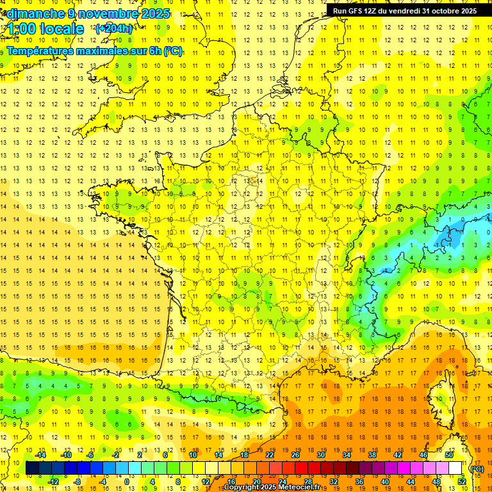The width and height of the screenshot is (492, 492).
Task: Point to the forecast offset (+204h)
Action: (x=114, y=29)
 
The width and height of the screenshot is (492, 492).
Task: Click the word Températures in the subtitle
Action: (x=45, y=51)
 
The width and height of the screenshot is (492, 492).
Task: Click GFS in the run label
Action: (x=356, y=11)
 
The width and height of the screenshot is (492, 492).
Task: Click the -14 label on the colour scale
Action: (x=41, y=455)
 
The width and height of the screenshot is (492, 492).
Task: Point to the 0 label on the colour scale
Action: (x=126, y=482)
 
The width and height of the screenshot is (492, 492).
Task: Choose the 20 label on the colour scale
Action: (x=256, y=482)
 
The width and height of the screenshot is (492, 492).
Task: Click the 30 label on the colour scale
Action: (x=320, y=455)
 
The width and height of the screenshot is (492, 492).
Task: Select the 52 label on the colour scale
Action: (x=462, y=482)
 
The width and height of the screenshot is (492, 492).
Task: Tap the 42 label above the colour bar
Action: (x=397, y=455)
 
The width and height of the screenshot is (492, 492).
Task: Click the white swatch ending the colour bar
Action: (x=455, y=468)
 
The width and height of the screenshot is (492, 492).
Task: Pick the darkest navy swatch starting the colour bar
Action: (x=32, y=468)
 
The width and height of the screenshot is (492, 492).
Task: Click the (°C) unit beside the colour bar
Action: (x=477, y=468)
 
